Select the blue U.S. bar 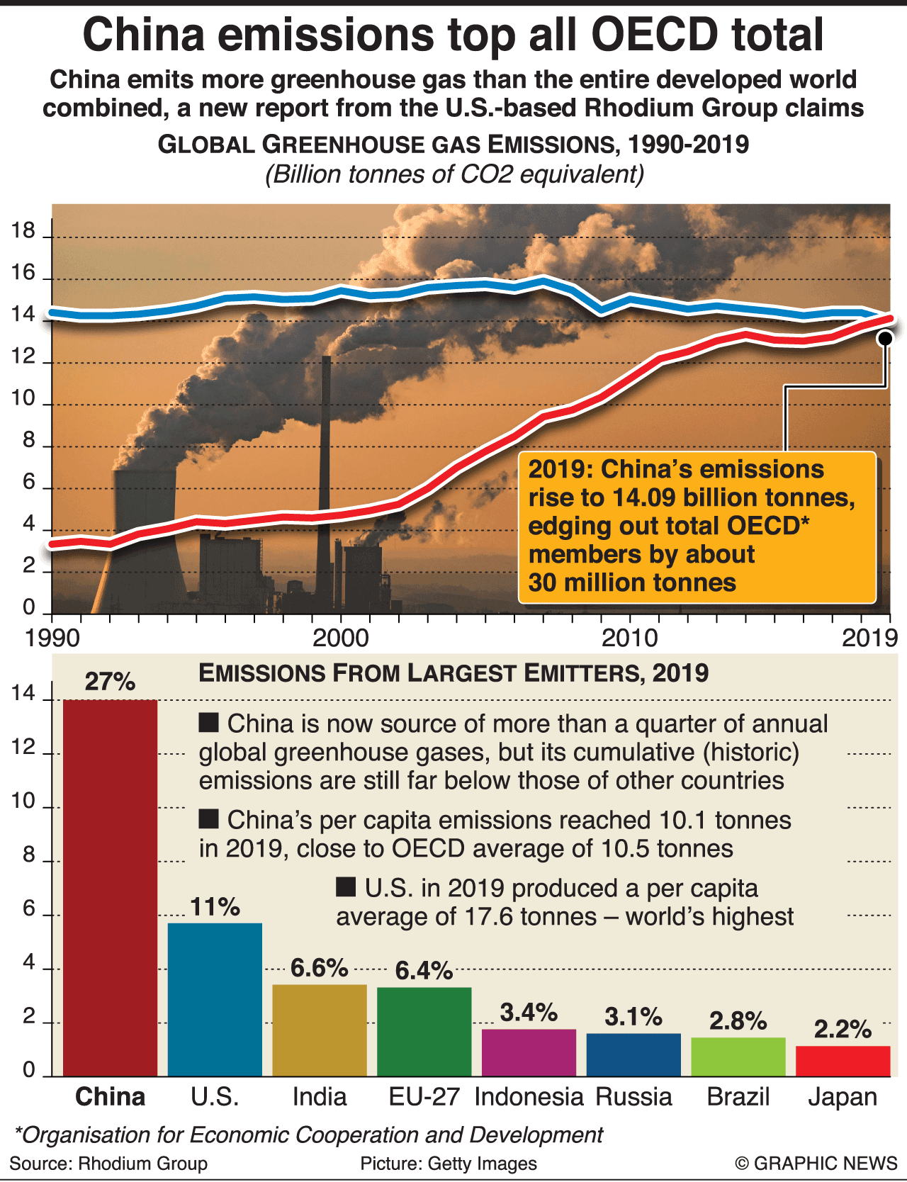pos(215,999)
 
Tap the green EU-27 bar pos(424,1031)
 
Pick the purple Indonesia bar pos(529,1052)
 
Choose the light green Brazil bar pos(738,1057)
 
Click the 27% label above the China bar pos(110,682)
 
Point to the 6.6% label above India pos(319,968)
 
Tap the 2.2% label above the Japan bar pos(843,1029)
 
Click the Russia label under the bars pos(633,1097)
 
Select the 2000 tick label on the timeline pos(341,638)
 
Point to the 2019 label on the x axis pos(869,638)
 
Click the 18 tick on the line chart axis pos(23,230)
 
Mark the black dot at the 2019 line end pos(885,338)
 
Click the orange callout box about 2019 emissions pos(697,527)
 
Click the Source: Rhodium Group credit pos(108,1164)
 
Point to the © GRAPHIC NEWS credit pos(816,1164)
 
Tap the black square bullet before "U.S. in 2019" pos(346,887)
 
